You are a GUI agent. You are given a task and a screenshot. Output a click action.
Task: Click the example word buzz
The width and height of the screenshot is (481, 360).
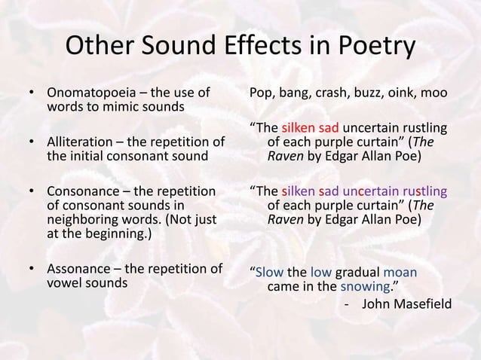click(x=365, y=94)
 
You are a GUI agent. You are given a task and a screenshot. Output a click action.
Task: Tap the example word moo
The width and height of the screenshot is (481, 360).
click(x=437, y=94)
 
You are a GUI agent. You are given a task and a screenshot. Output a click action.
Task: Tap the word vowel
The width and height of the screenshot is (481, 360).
click(x=66, y=284)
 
